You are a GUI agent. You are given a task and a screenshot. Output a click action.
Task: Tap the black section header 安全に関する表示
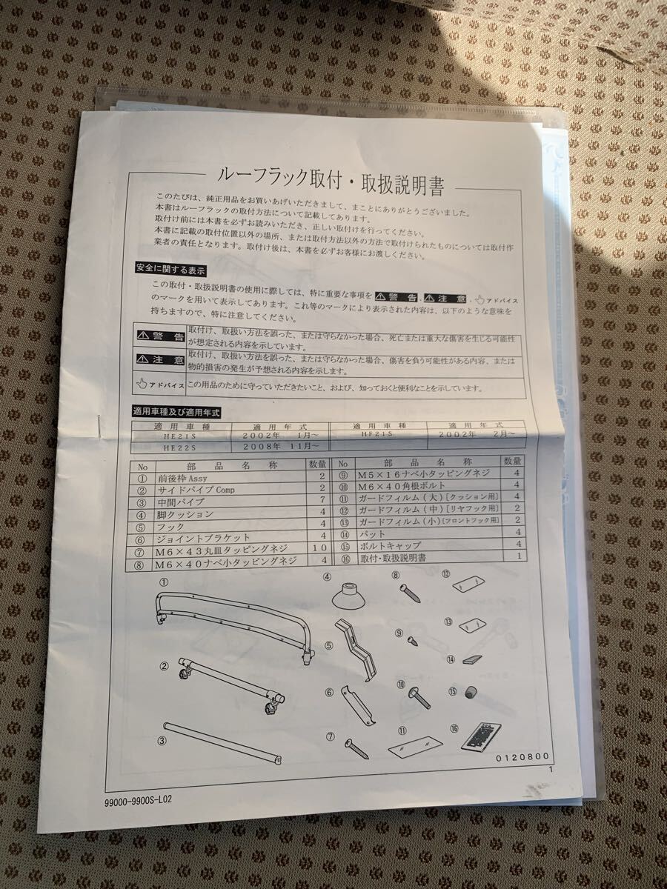(170, 269)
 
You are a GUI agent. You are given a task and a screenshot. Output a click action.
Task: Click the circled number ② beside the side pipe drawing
(165, 665)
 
